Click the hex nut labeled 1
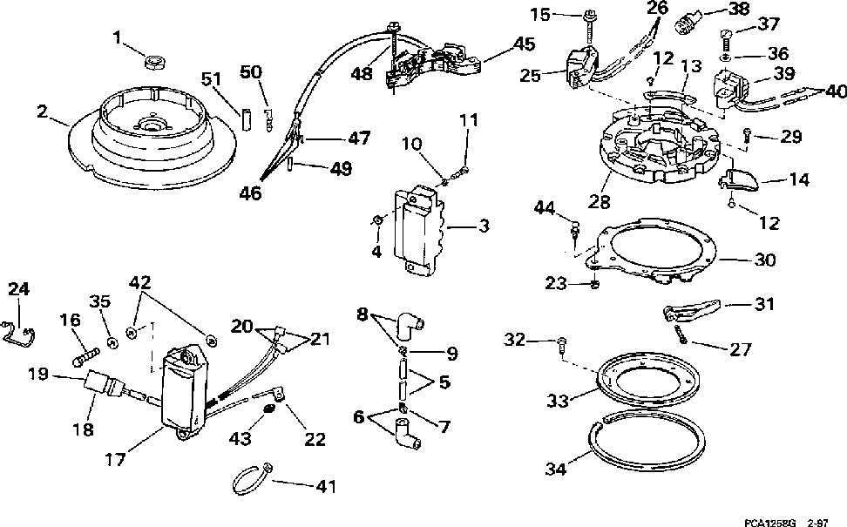pyautogui.click(x=156, y=61)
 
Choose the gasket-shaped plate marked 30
pyautogui.click(x=654, y=253)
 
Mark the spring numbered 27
pyautogui.click(x=681, y=334)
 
